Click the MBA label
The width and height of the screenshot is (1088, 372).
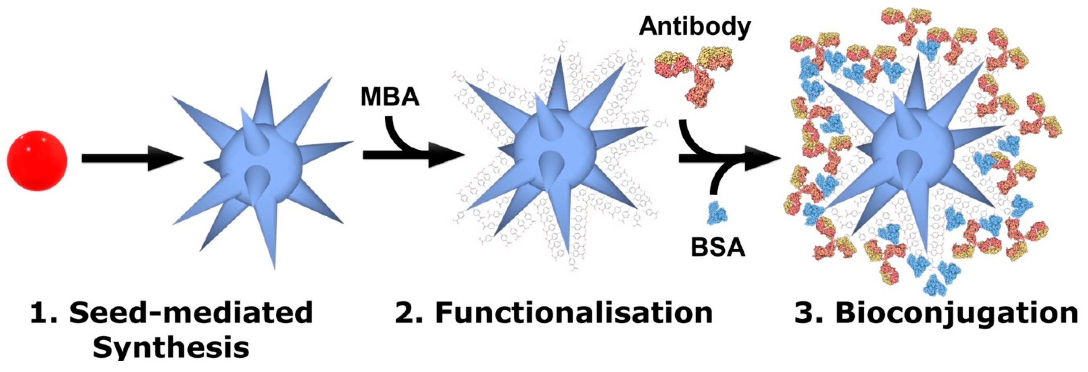pos(390,97)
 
